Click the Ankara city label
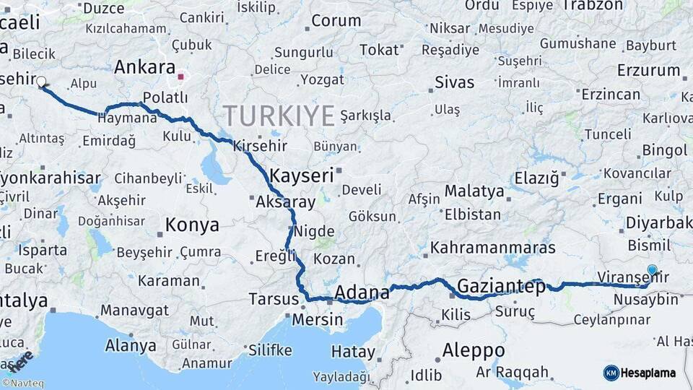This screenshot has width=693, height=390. tap(144, 68)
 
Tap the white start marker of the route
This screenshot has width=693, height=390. tap(41, 82)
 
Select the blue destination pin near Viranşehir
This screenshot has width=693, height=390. tap(652, 271)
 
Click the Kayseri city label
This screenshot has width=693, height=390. tap(302, 175)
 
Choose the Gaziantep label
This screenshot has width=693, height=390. tap(501, 285)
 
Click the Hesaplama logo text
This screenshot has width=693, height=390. tap(649, 373)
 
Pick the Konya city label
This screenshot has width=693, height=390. tap(192, 225)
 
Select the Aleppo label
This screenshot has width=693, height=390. tap(473, 351)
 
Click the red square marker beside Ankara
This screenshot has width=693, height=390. tap(181, 75)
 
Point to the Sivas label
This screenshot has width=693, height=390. tap(455, 82)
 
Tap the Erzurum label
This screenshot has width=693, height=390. tap(648, 71)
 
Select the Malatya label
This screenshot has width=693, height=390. tap(474, 191)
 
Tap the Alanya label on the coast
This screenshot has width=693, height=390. tap(131, 345)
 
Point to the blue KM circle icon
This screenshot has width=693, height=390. tap(611, 373)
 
